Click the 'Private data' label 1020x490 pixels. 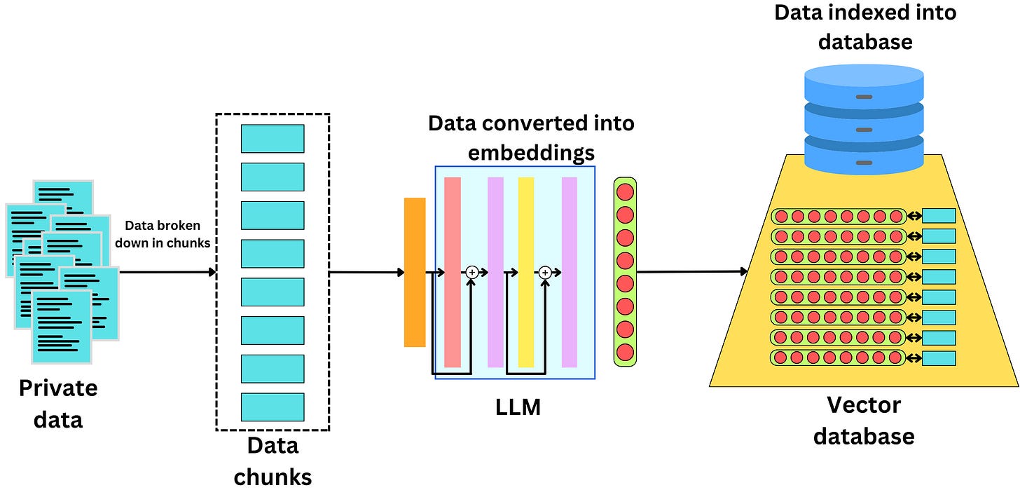(x=58, y=404)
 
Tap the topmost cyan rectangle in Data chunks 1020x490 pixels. (x=273, y=139)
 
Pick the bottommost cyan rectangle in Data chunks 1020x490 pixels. (x=273, y=407)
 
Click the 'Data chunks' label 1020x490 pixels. (x=273, y=461)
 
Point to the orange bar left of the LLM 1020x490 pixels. (x=415, y=272)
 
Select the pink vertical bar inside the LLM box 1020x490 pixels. (x=453, y=272)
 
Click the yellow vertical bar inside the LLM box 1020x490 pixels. (x=525, y=272)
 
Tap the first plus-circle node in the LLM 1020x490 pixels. (x=471, y=272)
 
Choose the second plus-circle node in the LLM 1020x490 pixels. (x=545, y=272)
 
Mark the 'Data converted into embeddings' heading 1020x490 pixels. (x=531, y=137)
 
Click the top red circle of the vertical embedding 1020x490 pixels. (x=625, y=191)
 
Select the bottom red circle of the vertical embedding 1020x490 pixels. (x=625, y=352)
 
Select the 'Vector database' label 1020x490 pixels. (x=863, y=421)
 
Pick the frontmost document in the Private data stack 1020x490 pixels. (x=62, y=326)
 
